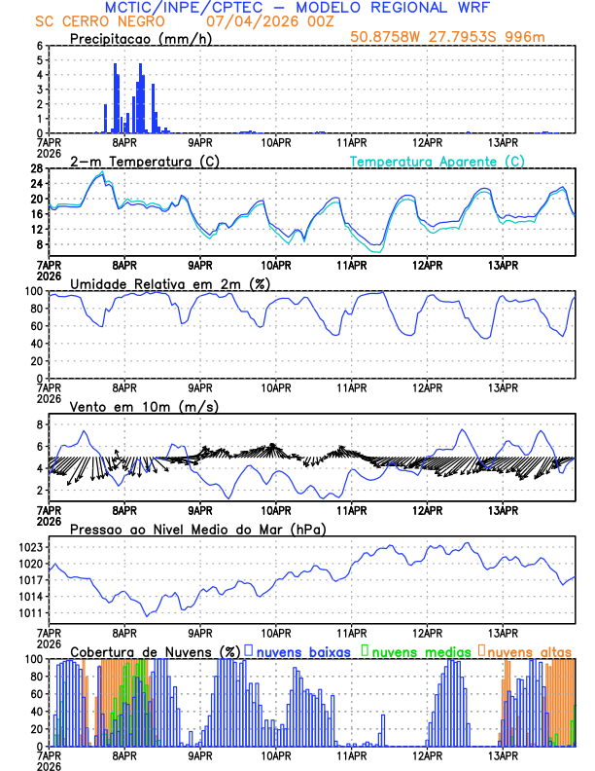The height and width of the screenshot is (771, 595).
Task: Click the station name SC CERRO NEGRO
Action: [88, 21]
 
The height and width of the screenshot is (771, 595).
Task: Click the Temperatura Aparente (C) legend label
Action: [437, 161]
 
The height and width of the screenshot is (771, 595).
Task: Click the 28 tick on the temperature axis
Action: [37, 168]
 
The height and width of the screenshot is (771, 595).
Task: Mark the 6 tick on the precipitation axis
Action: [40, 46]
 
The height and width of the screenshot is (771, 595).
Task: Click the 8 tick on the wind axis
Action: [40, 425]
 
